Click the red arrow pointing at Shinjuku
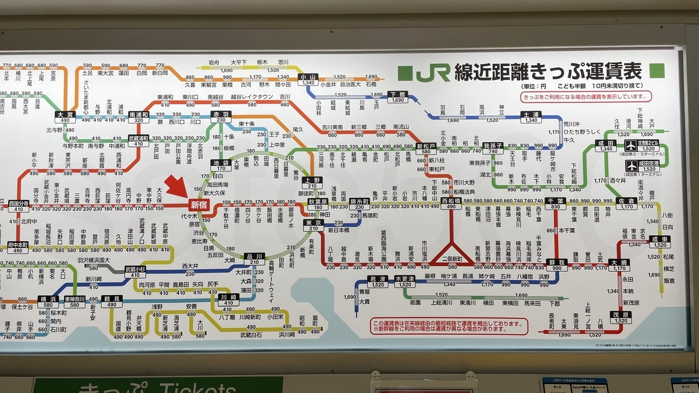pos(176,188)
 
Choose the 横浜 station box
pos(47,301)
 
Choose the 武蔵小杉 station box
pos(135,271)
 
